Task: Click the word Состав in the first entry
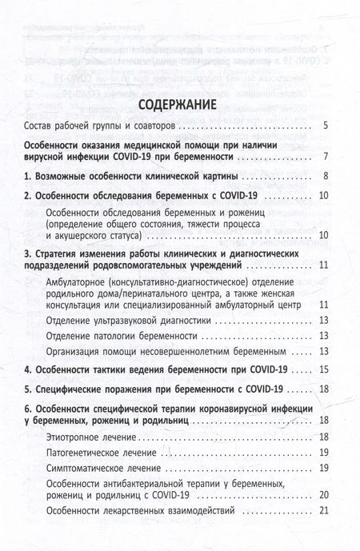click(42, 126)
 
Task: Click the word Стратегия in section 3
click(63, 254)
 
